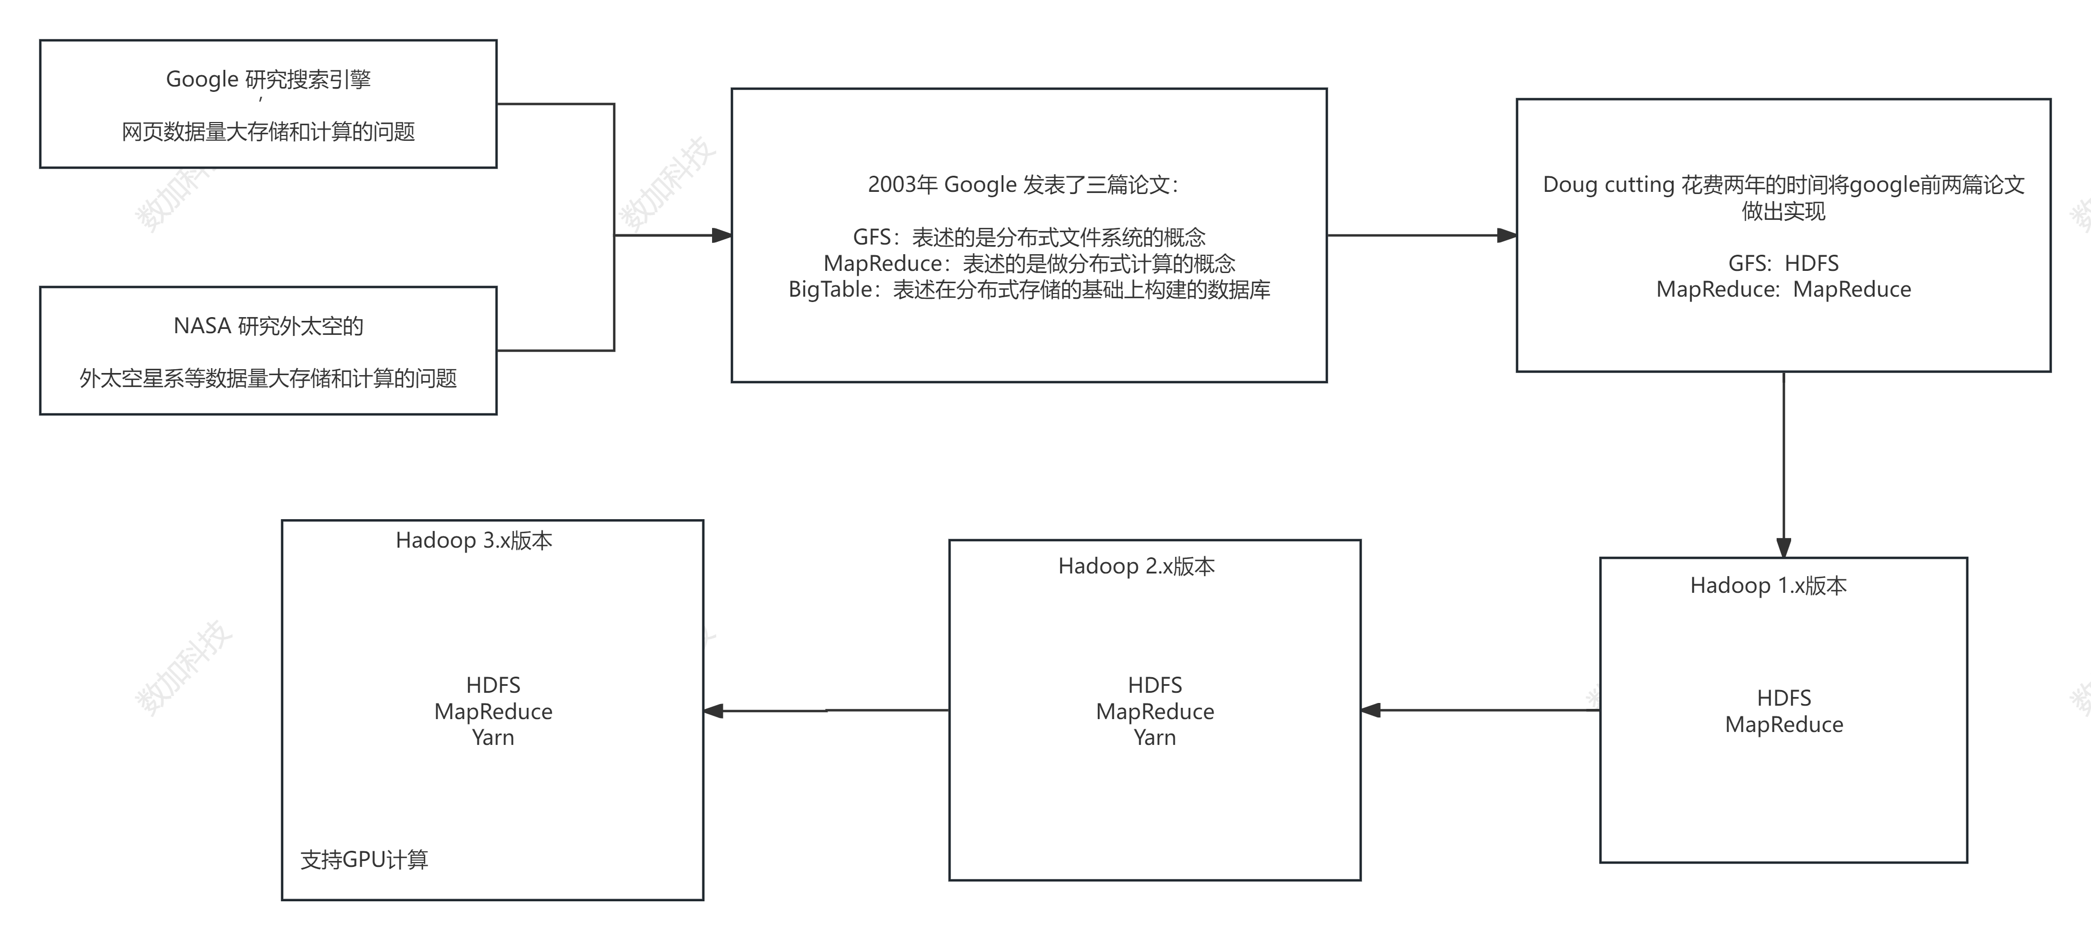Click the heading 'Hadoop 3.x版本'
pyautogui.click(x=474, y=541)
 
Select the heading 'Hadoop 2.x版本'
pyautogui.click(x=1137, y=566)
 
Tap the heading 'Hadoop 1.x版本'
pyautogui.click(x=1768, y=586)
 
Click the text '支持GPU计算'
pyautogui.click(x=364, y=859)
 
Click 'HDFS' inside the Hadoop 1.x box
pyautogui.click(x=1784, y=698)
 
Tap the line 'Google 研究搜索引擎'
pyautogui.click(x=268, y=80)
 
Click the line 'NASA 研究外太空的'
pyautogui.click(x=268, y=326)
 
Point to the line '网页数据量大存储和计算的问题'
pyautogui.click(x=268, y=132)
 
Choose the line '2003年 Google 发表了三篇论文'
pyautogui.click(x=1023, y=185)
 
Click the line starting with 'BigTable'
pyautogui.click(x=1029, y=290)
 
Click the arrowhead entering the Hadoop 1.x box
pyautogui.click(x=1784, y=548)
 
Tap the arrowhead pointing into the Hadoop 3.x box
pyautogui.click(x=714, y=711)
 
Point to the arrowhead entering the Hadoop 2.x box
pyautogui.click(x=1371, y=711)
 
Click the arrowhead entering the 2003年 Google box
pyautogui.click(x=722, y=235)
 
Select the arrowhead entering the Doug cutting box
pyautogui.click(x=1506, y=235)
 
